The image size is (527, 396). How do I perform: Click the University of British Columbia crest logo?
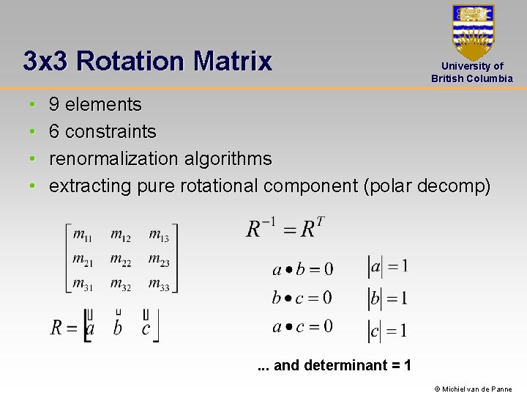tap(473, 32)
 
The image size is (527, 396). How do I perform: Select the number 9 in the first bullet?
tap(54, 105)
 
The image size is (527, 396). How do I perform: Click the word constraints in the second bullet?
tap(111, 132)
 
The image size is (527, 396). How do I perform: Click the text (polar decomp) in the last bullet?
tap(427, 186)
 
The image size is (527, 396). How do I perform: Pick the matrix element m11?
tap(82, 235)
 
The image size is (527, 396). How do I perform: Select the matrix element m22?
tap(121, 260)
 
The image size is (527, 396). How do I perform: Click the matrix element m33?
tap(159, 285)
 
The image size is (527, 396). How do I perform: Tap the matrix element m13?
tap(159, 235)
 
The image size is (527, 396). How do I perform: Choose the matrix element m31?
tap(82, 285)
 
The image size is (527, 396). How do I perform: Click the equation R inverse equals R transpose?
tap(285, 227)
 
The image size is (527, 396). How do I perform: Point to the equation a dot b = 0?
tap(302, 269)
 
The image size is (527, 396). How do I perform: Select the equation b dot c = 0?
tap(302, 298)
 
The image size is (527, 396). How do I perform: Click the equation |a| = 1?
tap(387, 268)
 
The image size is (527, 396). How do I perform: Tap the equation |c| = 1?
tap(387, 331)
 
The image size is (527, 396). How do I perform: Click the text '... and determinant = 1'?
tap(334, 365)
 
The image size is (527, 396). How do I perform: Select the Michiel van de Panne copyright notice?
tap(473, 389)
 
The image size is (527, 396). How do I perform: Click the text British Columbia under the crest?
tap(472, 78)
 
